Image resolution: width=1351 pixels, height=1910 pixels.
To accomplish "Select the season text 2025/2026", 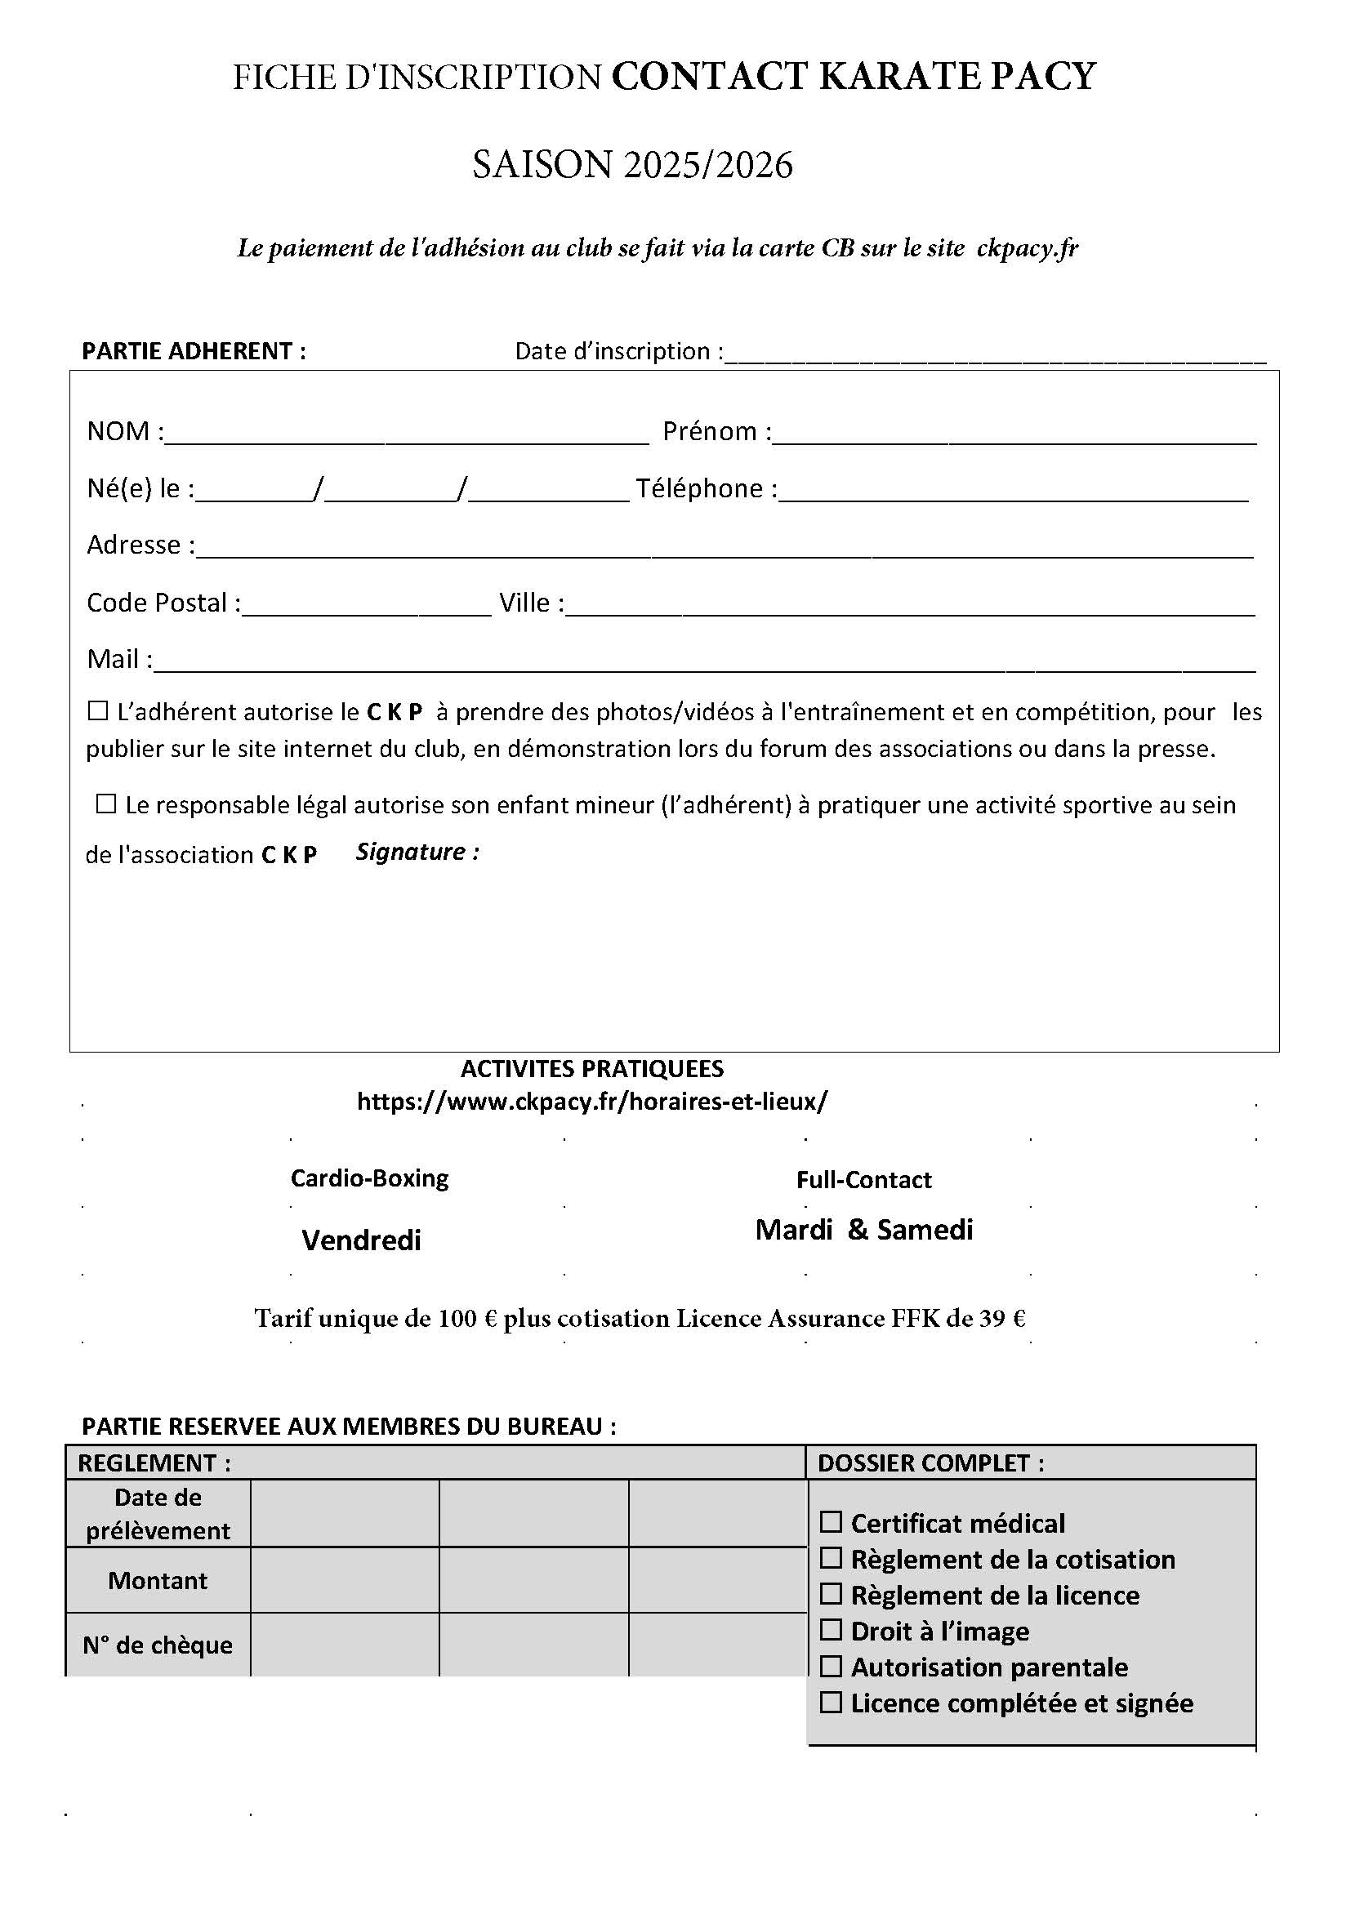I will pos(707,165).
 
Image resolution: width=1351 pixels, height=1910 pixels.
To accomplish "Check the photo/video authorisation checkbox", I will pos(98,711).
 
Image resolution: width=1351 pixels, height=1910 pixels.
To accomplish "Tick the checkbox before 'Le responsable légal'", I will pos(105,804).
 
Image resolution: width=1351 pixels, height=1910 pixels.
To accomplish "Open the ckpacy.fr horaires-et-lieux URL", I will pos(592,1102).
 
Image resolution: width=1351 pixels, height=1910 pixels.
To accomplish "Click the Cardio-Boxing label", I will pos(369,1178).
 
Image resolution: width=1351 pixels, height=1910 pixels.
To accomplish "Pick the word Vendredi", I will pos(361,1240).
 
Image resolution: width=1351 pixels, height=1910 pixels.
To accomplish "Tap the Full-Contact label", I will pos(863,1180).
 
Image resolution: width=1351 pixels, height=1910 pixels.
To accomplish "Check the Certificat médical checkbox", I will pos(831,1521).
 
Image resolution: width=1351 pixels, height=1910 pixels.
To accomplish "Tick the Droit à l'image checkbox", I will pos(831,1630).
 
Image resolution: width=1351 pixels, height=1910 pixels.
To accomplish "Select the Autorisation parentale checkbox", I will pos(831,1667).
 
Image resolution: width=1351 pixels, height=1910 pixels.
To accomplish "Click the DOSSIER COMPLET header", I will pos(930,1463).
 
